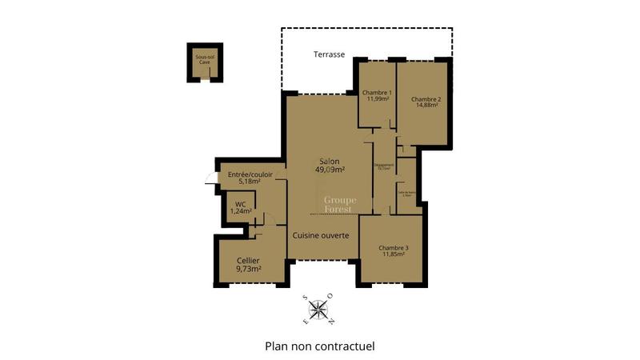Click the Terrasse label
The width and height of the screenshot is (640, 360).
pos(330,54)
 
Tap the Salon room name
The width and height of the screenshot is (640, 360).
pos(330,161)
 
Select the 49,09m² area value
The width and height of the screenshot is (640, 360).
pos(330,170)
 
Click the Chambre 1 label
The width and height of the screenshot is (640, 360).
pos(378,92)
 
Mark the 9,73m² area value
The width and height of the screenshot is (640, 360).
pos(249,270)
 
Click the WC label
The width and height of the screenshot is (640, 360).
pos(240,203)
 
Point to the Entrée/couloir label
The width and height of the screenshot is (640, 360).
pos(250,174)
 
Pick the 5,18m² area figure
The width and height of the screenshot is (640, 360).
pos(250,182)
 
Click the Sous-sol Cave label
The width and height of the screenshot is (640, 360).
pos(205,60)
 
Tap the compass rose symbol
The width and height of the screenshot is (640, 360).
pos(318,310)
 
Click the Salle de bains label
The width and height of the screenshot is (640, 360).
pos(406,193)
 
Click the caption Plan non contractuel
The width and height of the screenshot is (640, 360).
pos(319,346)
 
